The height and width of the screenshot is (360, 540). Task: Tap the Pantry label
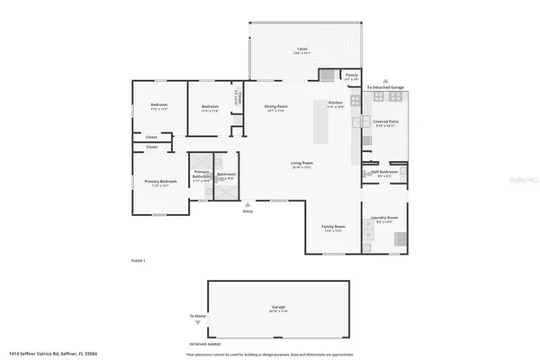pos(352,75)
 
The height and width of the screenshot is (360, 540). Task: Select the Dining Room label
pos(275,106)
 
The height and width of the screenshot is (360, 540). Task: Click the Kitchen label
pos(336,103)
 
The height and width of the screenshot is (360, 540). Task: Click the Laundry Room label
pos(384,218)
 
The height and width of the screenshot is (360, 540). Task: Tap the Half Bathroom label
pos(384,172)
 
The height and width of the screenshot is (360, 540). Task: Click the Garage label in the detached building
pos(279,307)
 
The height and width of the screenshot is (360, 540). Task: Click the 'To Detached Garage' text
pos(384,87)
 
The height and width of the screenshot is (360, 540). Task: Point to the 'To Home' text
pos(197,316)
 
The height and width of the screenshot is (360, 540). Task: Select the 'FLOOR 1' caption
pos(138,260)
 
